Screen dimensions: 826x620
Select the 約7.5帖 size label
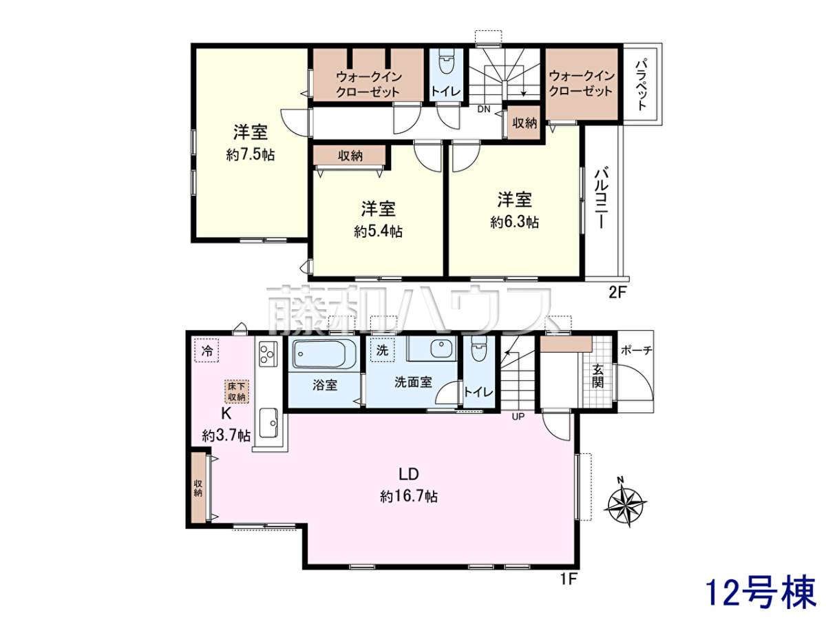(x=251, y=155)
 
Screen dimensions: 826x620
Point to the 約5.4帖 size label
(x=378, y=231)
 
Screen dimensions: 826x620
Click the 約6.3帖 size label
(x=514, y=222)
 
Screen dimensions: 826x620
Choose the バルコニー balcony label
(x=601, y=197)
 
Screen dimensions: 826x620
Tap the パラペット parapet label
(x=642, y=83)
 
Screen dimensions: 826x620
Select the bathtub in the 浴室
(x=324, y=353)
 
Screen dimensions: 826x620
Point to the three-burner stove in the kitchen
(x=268, y=353)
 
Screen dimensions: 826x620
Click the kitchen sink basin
(x=268, y=423)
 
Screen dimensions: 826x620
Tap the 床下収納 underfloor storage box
(x=237, y=391)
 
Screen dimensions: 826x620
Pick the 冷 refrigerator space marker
(x=206, y=351)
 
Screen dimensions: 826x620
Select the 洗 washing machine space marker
(x=382, y=350)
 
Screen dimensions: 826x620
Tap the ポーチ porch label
(x=636, y=351)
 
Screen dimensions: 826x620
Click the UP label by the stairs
(x=518, y=417)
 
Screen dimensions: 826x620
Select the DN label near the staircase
(x=484, y=109)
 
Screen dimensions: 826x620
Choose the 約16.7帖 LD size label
(x=409, y=497)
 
